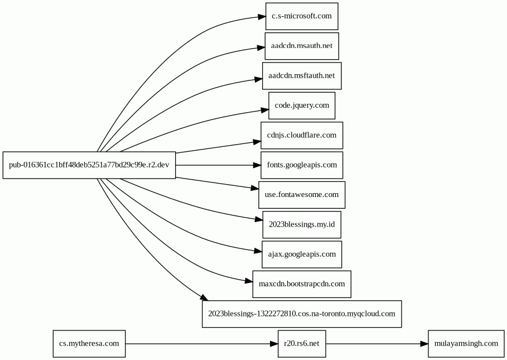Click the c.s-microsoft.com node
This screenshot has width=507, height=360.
(302, 17)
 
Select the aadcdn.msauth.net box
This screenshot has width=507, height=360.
(302, 46)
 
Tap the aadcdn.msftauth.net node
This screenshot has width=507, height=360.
(302, 76)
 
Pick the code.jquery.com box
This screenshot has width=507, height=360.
(302, 105)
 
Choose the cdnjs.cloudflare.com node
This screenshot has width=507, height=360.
(302, 135)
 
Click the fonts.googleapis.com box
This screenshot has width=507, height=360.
(302, 165)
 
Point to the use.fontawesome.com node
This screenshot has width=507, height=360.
(302, 195)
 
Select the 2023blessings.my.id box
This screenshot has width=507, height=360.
(302, 224)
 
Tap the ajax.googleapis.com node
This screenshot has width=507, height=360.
(302, 254)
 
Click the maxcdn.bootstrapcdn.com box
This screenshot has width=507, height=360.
(302, 284)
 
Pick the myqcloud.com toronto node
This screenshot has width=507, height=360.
(302, 314)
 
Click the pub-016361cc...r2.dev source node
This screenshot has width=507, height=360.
(89, 165)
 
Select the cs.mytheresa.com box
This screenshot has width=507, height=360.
(89, 343)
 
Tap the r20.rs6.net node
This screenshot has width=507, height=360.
(302, 343)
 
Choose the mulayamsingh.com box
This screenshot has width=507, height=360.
(466, 343)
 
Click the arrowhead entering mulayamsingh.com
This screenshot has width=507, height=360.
(424, 343)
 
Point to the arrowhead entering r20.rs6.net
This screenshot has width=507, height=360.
(274, 343)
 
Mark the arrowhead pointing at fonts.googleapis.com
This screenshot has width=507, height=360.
(257, 165)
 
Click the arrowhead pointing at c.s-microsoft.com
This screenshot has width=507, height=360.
(262, 17)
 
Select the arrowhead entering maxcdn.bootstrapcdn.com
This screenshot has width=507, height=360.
(249, 281)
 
